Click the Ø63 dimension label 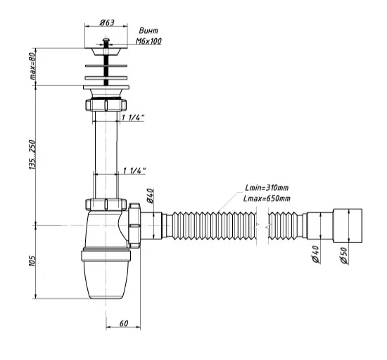[x=107, y=23]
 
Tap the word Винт [x=148, y=30]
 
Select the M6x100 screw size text [x=148, y=41]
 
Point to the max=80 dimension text [x=33, y=67]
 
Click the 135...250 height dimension [x=32, y=155]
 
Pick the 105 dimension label [x=32, y=261]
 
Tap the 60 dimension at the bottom [x=124, y=323]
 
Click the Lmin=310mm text [x=267, y=188]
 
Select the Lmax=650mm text [x=267, y=198]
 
